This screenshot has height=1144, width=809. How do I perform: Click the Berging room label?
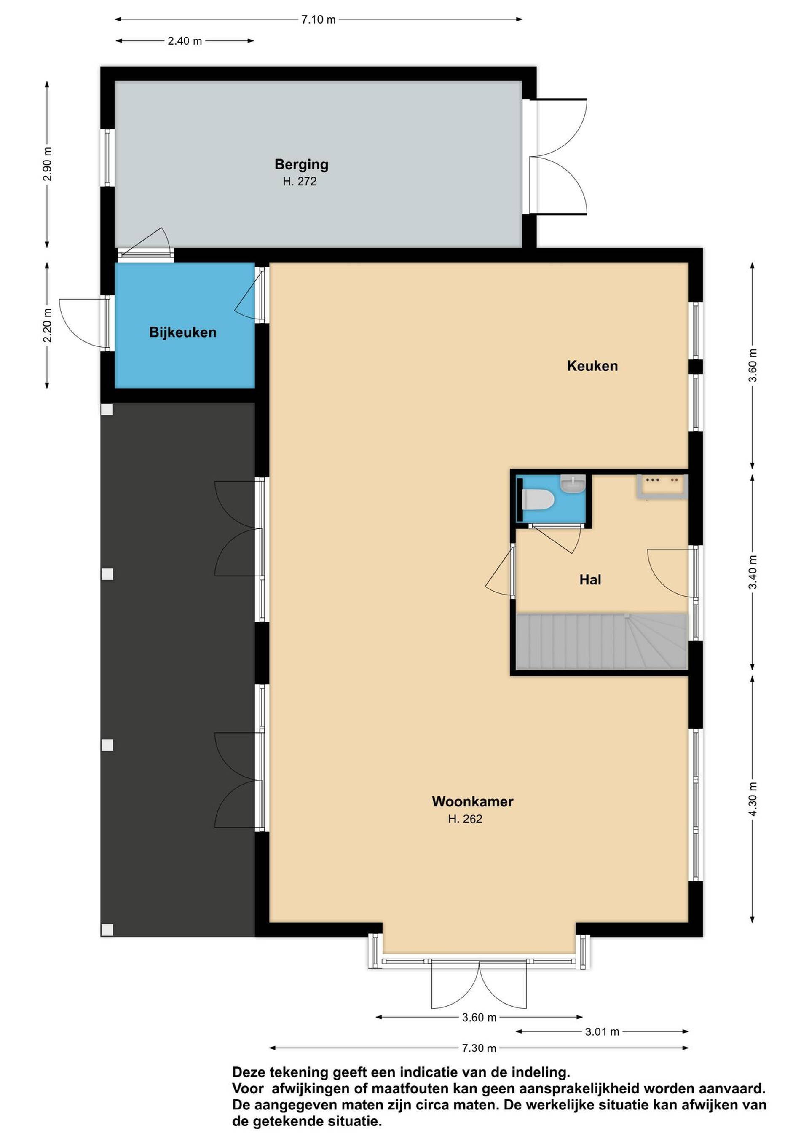point(301,164)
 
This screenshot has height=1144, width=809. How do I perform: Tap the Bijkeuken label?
point(183,332)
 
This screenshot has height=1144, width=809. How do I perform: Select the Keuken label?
point(592,366)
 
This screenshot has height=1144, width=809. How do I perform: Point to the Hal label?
point(590,579)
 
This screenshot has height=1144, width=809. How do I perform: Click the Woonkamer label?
point(472,802)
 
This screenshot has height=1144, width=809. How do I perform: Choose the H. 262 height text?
point(465,819)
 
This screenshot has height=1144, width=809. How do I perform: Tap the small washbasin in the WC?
point(573,483)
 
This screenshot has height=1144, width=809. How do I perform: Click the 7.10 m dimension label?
point(319,20)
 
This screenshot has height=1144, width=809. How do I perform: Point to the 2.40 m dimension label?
point(185,41)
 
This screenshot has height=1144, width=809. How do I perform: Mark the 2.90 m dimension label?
point(47,164)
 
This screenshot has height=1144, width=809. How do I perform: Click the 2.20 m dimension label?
point(47,325)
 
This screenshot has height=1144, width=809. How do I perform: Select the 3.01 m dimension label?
point(602,1031)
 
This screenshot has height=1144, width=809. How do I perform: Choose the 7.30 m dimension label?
point(479,1048)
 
